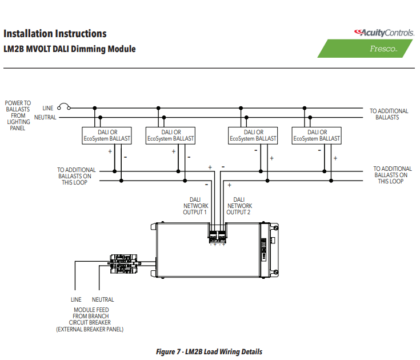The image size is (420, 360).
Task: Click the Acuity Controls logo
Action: click(384, 33)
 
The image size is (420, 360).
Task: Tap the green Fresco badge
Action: click(365, 49)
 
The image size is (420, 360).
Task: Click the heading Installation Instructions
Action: click(55, 34)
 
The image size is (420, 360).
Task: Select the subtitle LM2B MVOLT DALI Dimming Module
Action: click(70, 49)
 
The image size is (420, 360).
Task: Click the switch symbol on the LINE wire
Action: click(64, 107)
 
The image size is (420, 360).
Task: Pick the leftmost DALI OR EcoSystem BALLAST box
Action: click(107, 135)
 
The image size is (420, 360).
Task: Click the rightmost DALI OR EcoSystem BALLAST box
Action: click(317, 135)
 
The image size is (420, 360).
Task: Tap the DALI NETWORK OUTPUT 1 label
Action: click(195, 206)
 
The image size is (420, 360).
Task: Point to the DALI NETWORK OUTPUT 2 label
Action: click(239, 206)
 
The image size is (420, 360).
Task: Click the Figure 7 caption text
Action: click(209, 351)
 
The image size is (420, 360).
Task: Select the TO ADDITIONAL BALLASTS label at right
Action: click(389, 114)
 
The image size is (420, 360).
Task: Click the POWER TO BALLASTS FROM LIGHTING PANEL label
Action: click(18, 115)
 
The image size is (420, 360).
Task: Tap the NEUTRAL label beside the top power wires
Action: click(45, 117)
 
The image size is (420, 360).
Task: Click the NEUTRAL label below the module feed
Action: click(103, 299)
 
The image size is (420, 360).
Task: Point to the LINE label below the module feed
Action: click(76, 299)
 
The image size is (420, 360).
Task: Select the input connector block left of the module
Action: click(124, 264)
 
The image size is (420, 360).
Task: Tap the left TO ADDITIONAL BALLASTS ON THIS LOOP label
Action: click(76, 176)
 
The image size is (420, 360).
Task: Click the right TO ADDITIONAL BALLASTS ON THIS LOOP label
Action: click(393, 175)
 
